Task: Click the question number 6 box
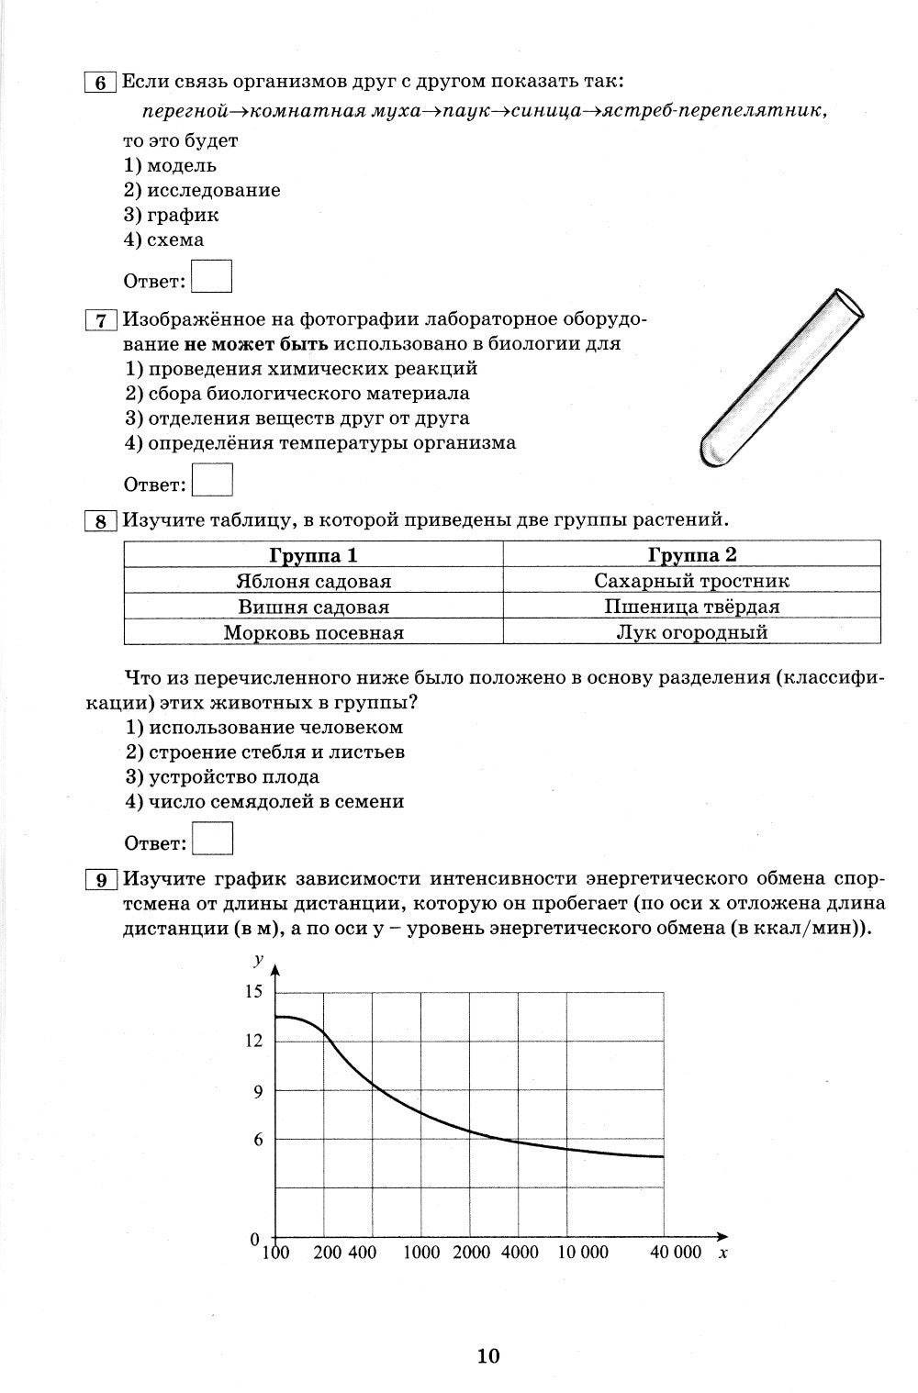click(x=100, y=82)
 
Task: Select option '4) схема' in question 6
click(x=163, y=240)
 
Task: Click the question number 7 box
click(x=100, y=319)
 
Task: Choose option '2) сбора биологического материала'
click(x=297, y=393)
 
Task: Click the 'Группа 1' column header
click(x=313, y=554)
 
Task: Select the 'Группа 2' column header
click(x=691, y=554)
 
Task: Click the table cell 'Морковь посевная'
click(x=313, y=632)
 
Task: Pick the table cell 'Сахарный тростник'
click(x=691, y=581)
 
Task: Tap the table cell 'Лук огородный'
click(x=691, y=632)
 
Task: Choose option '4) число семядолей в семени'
click(x=264, y=801)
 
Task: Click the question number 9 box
click(x=100, y=879)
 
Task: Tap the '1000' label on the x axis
click(x=421, y=1253)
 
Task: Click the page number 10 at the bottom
click(x=487, y=1355)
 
